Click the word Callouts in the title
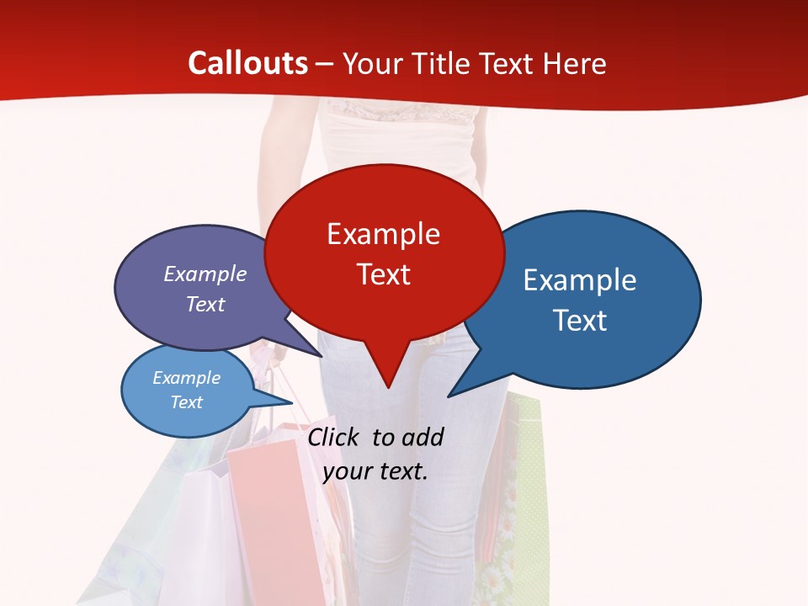click(x=247, y=63)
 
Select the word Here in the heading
click(x=575, y=63)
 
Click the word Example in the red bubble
click(x=383, y=234)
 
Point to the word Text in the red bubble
click(x=384, y=274)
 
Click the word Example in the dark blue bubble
click(x=580, y=280)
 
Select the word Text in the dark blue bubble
click(x=580, y=321)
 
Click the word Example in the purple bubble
click(x=205, y=274)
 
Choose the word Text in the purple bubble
click(x=205, y=304)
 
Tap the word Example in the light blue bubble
click(x=186, y=378)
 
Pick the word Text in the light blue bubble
click(x=186, y=402)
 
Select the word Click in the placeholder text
click(x=335, y=437)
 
